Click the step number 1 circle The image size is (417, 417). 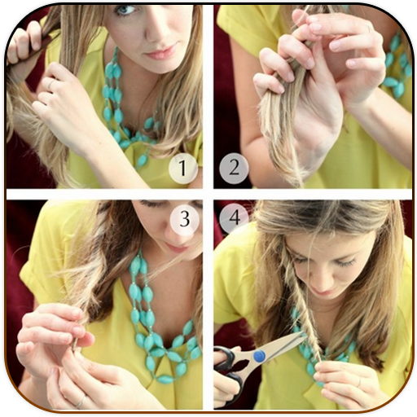click(x=182, y=168)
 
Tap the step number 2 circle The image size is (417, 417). click(x=234, y=168)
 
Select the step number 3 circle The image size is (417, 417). click(x=185, y=219)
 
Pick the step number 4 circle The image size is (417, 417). click(x=235, y=217)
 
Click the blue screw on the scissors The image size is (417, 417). click(x=259, y=356)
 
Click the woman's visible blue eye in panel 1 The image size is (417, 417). click(x=125, y=10)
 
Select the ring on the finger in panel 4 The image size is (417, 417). click(x=359, y=383)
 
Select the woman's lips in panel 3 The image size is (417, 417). click(x=177, y=248)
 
